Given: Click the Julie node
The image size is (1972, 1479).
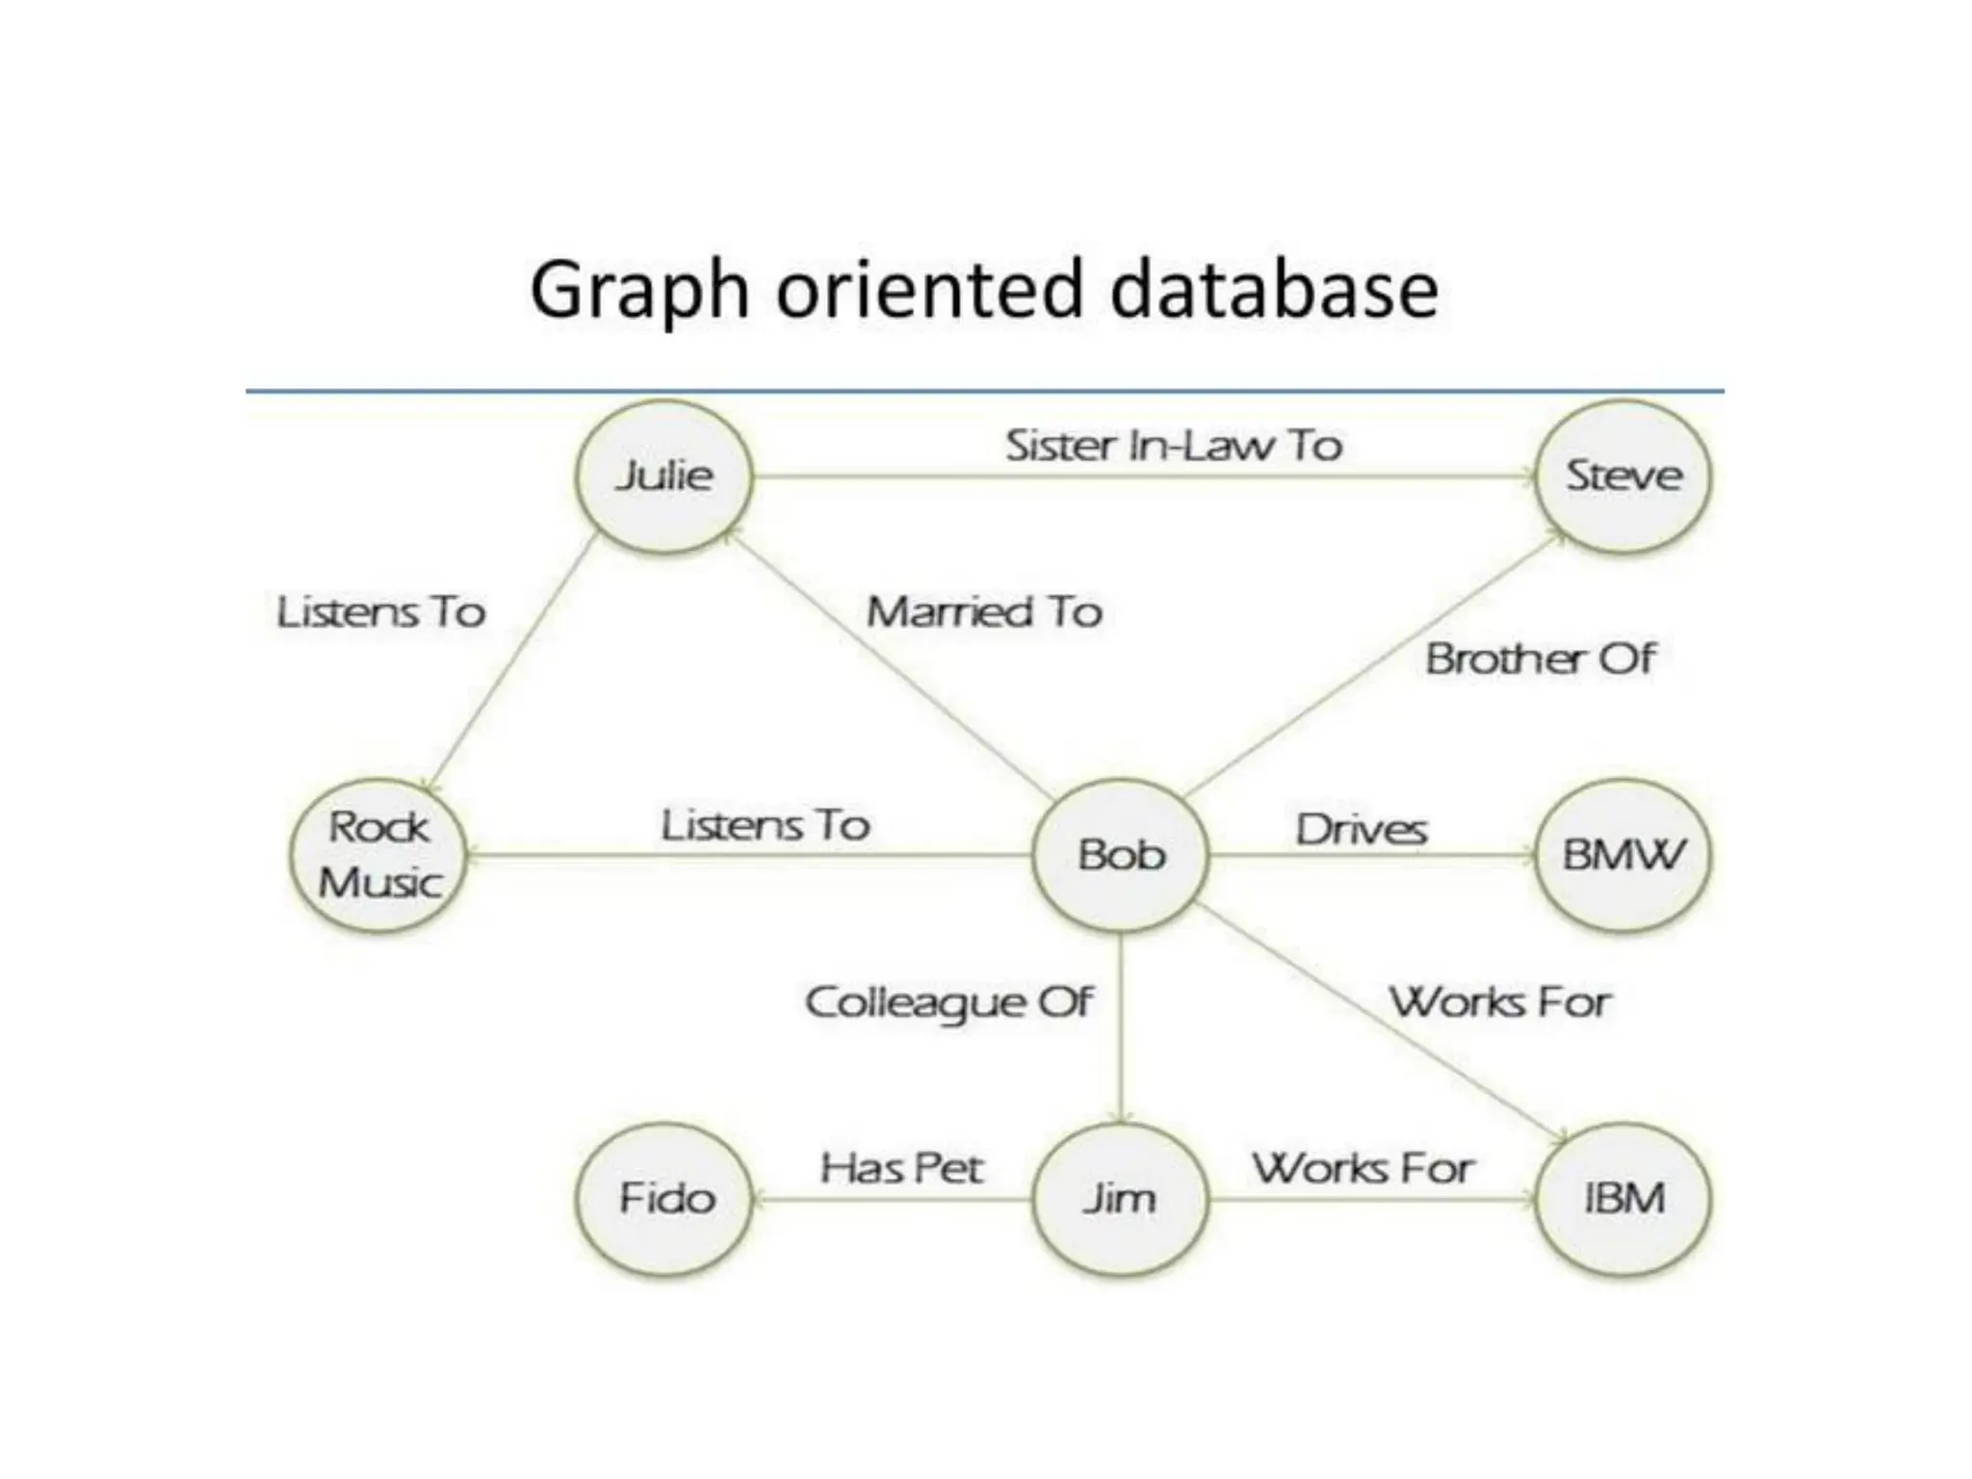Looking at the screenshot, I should [664, 476].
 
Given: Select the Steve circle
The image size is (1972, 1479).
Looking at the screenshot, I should [1623, 476].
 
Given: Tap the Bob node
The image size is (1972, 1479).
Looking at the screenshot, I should [1121, 855].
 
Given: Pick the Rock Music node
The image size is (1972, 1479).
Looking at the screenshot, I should [378, 855].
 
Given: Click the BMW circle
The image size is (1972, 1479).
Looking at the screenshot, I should [1623, 855].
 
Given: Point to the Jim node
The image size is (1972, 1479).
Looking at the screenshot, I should [1119, 1199].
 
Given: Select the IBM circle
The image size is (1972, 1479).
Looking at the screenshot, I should [1623, 1199].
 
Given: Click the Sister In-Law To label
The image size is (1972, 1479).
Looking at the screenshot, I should [1173, 446].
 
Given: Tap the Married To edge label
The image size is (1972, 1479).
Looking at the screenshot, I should [984, 612].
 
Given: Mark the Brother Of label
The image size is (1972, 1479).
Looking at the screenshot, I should [1540, 660].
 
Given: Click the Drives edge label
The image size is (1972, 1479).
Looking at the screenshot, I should [1361, 830].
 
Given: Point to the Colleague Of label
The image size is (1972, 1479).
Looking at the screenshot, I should [948, 1002].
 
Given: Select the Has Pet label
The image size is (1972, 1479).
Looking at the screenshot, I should [901, 1169].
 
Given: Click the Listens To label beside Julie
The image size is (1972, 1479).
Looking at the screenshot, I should [381, 612].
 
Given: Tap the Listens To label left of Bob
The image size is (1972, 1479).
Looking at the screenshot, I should [765, 825].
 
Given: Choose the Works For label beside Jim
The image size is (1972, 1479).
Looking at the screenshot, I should [1362, 1169].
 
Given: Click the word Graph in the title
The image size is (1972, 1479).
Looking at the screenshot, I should [639, 291].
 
